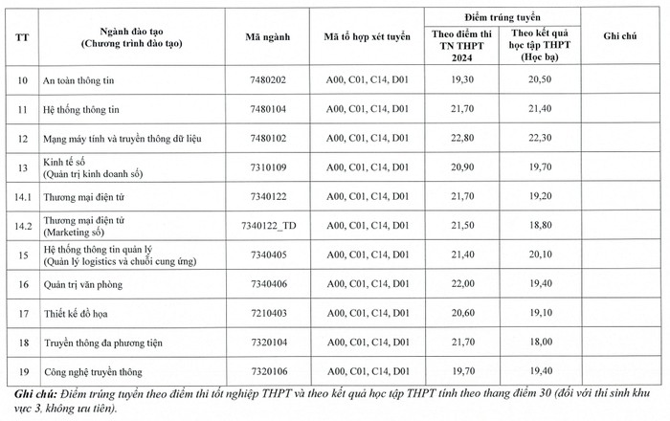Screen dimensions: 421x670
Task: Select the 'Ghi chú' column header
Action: [x=620, y=35]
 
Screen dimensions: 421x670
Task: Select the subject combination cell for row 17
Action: [x=367, y=313]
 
